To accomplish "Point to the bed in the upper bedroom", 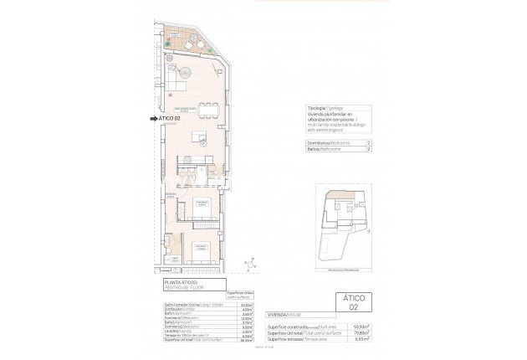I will point(202,203).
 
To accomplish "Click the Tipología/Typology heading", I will point(319,109).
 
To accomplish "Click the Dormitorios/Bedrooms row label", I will point(323,143).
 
